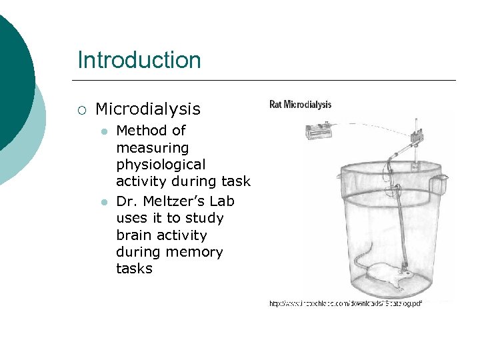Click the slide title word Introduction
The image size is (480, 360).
pyautogui.click(x=139, y=60)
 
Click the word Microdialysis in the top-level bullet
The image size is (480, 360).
pyautogui.click(x=147, y=109)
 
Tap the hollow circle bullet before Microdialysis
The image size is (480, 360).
pyautogui.click(x=81, y=109)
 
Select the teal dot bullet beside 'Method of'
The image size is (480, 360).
pyautogui.click(x=103, y=131)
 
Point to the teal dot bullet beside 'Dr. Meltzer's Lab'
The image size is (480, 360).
pyautogui.click(x=103, y=202)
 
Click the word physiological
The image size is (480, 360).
pyautogui.click(x=161, y=164)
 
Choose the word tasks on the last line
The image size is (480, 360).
pyautogui.click(x=134, y=269)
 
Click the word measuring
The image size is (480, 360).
pyautogui.click(x=152, y=147)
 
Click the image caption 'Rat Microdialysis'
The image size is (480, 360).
pyautogui.click(x=300, y=104)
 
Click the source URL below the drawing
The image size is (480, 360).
pyautogui.click(x=345, y=303)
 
